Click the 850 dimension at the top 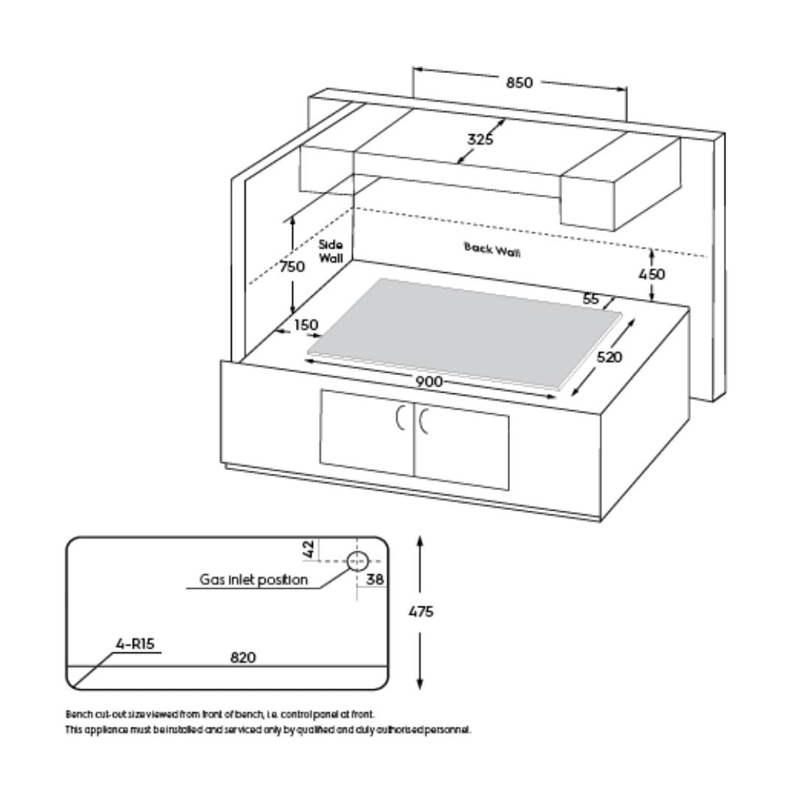pos(519,83)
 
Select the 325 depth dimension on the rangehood pos(480,139)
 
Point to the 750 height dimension pos(292,266)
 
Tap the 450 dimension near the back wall pos(652,275)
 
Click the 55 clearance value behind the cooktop pos(590,299)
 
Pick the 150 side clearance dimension pos(306,324)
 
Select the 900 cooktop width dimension pos(429,382)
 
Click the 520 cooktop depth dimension pos(609,357)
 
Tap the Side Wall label pos(331,252)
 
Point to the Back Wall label pos(492,249)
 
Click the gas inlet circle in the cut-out pos(357,561)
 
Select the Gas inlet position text pos(254,579)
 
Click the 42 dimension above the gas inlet pos(308,549)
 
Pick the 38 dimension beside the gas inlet pos(375,579)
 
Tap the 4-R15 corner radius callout pos(135,644)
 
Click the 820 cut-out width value pos(243,658)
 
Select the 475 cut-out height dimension pos(421,612)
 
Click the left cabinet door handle pos(399,417)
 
